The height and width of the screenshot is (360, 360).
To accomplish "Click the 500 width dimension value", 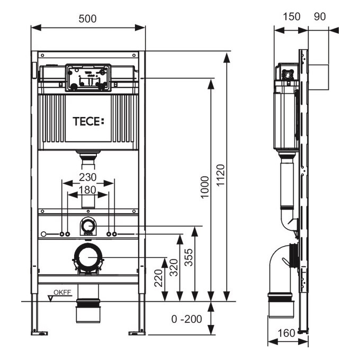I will click(x=88, y=18).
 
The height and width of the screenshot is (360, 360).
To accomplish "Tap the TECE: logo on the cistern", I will click(x=88, y=120).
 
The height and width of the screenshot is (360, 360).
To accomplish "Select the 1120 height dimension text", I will click(x=221, y=177).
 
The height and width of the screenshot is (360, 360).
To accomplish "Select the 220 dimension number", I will click(x=158, y=277).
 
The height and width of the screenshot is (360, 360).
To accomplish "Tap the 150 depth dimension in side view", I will click(x=291, y=16).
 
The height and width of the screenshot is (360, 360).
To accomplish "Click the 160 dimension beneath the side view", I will click(x=286, y=334).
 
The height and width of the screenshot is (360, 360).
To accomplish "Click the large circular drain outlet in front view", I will click(x=88, y=258).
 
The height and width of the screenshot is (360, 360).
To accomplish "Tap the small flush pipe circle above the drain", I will click(x=88, y=227).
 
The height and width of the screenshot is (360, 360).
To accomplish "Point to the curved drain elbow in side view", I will click(x=281, y=267).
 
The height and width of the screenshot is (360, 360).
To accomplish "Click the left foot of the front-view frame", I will click(x=39, y=332).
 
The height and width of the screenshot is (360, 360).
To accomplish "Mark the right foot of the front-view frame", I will click(x=137, y=332).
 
